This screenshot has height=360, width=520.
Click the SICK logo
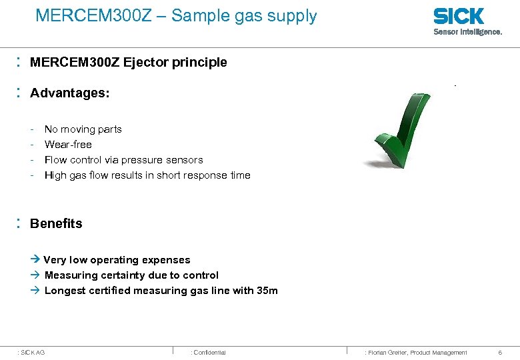tap(458, 16)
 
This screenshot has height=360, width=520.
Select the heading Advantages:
tap(69, 93)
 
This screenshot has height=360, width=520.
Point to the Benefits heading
tap(56, 224)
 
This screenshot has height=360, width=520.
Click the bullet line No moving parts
tap(83, 129)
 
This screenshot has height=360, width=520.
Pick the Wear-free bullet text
tap(68, 145)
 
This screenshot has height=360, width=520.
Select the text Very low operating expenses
tap(117, 260)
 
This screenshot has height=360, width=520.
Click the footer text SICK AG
tap(33, 352)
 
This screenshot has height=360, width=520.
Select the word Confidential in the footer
tap(209, 352)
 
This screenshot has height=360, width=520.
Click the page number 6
tap(500, 352)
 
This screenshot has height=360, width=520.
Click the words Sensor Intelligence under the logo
tap(467, 31)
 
